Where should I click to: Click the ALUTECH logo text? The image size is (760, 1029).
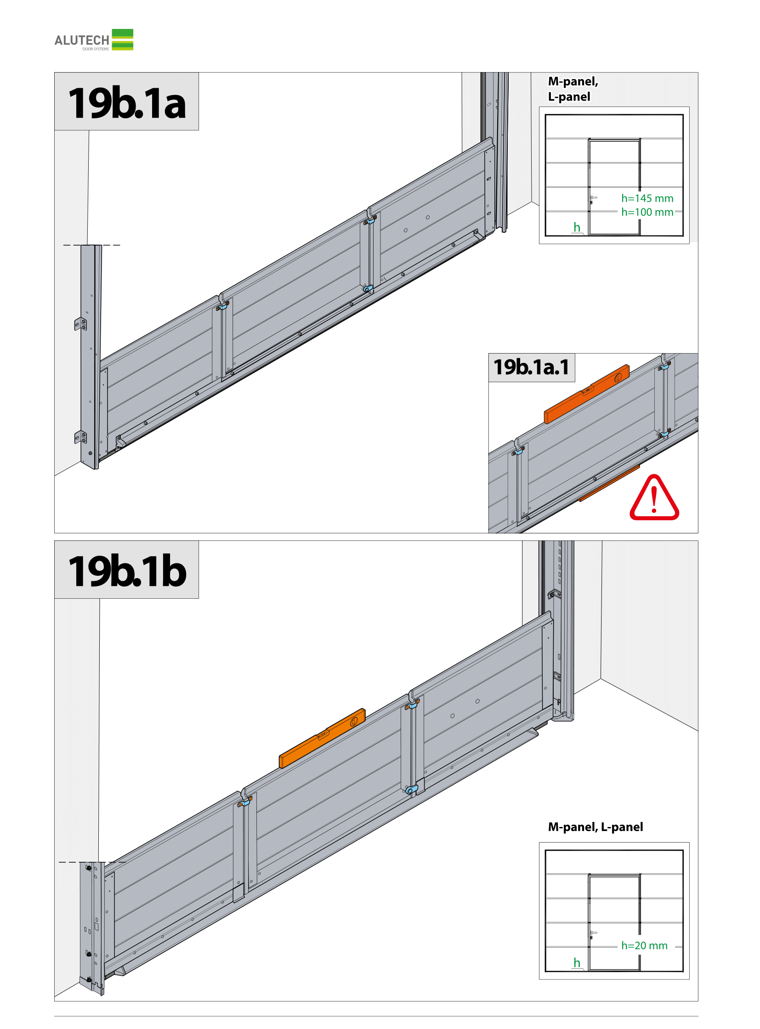[82, 40]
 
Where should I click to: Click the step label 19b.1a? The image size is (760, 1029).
[127, 103]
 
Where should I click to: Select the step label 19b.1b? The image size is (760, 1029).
[127, 571]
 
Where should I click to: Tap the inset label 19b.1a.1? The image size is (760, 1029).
[531, 367]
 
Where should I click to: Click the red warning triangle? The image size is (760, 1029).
[654, 498]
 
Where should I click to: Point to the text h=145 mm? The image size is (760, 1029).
[647, 198]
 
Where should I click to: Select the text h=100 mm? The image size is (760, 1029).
[647, 212]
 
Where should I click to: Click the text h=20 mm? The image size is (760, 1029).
[644, 945]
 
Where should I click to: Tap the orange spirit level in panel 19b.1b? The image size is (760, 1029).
[322, 738]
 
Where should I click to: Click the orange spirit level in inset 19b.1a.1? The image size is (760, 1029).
[587, 394]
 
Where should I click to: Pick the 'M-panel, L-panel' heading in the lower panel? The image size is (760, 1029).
[596, 827]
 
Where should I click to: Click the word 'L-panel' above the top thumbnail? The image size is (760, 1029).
[569, 97]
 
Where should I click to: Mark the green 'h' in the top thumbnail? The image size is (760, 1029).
[577, 227]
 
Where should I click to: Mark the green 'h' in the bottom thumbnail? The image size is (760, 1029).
[577, 962]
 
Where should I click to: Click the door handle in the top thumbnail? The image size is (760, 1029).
[593, 199]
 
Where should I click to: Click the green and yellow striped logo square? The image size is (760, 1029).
[122, 39]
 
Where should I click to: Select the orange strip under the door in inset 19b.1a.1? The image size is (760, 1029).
[609, 483]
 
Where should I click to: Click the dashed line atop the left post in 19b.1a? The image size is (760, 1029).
[91, 245]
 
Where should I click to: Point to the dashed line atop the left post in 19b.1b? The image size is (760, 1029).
[92, 862]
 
